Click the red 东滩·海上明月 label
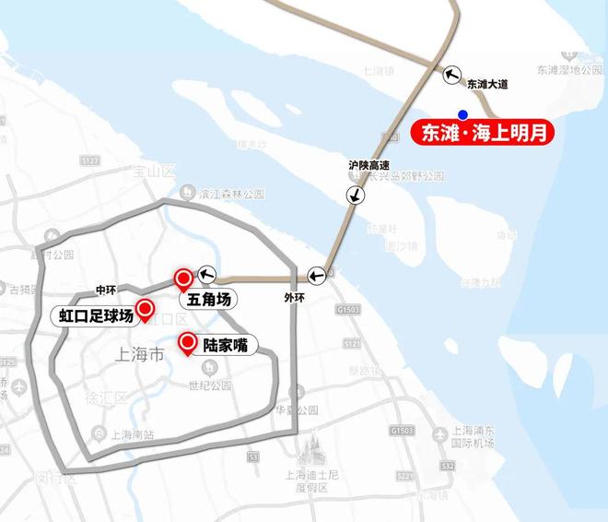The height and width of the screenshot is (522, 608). [478, 133]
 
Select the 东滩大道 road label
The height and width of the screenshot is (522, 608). [487, 84]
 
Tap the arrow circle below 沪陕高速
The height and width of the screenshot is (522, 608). [355, 195]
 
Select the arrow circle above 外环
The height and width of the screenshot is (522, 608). [316, 274]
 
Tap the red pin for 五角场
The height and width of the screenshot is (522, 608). [183, 278]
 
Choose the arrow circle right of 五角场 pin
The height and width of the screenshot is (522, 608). [205, 273]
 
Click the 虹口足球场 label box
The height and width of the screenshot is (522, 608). [96, 316]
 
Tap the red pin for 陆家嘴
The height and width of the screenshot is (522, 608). [188, 343]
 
